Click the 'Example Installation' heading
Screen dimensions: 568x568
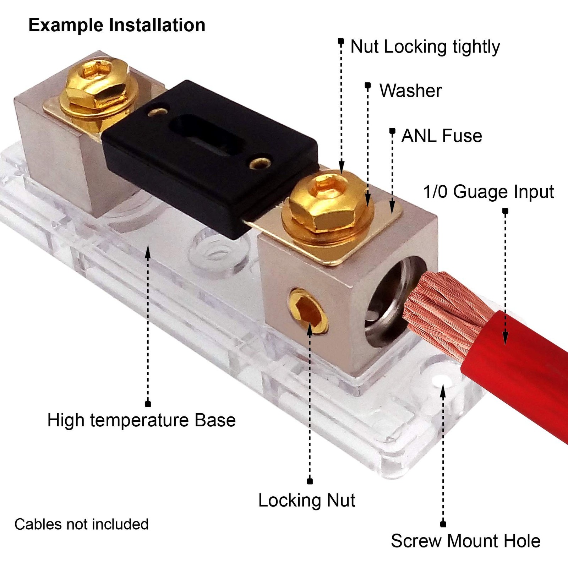pos(117,26)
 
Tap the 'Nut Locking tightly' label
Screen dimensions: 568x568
pos(425,47)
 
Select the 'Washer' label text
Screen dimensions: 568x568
pos(410,91)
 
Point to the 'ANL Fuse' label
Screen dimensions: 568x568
pos(442,136)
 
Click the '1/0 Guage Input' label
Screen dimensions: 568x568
pos(488,192)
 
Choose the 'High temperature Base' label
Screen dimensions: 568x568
pos(141,420)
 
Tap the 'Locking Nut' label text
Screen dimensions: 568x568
pos(307,501)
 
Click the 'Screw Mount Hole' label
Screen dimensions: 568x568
pos(465,541)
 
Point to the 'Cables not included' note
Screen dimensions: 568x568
pos(81,524)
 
